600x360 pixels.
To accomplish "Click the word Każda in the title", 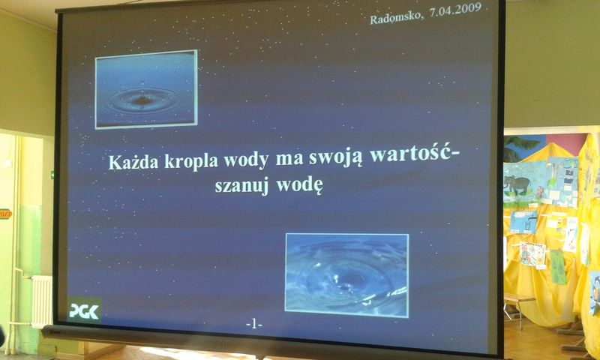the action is tap(133, 162).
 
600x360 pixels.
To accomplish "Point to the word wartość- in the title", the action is tap(416, 155).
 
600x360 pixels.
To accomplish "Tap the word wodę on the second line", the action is tap(299, 185).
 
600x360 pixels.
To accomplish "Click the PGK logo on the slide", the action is tap(84, 310).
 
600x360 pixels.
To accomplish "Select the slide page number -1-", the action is tap(253, 325).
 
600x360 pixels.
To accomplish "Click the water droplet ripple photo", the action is tap(145, 89).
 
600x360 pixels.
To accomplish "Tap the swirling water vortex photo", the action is tap(346, 275).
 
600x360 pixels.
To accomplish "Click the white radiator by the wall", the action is tap(41, 301).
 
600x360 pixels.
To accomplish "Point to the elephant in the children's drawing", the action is tap(517, 184).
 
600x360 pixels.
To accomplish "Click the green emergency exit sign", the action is tap(52, 175).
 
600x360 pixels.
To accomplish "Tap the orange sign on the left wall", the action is tap(5, 214).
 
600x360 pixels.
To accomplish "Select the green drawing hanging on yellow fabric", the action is tap(558, 267).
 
